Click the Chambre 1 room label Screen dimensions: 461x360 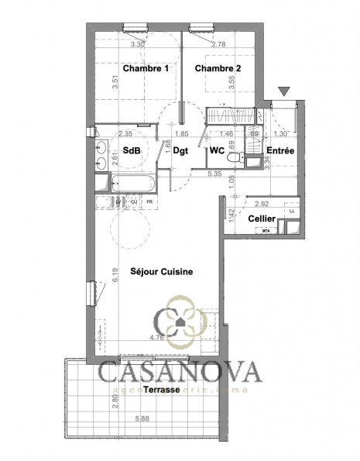coord(147,69)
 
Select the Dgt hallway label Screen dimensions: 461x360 coord(180,152)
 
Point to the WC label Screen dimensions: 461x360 coord(217,152)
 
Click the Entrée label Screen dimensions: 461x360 coord(279,152)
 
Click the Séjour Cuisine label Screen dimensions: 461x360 coord(162,272)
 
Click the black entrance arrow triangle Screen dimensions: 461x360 coord(284,92)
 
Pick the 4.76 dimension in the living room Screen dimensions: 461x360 coord(159,337)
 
